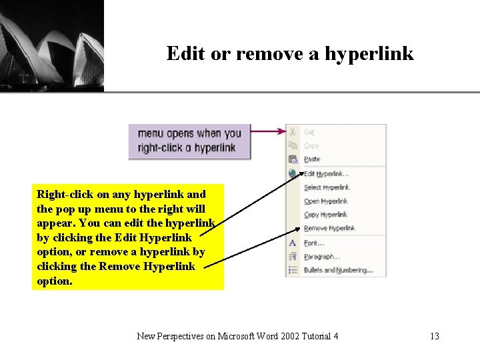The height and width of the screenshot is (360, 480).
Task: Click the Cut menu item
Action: point(309,132)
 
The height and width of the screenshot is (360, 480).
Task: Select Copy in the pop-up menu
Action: point(311,145)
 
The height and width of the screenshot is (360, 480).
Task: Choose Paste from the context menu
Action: point(312,159)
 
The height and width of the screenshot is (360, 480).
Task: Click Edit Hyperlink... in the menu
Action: point(326,173)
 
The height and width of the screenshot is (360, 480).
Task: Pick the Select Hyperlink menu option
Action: point(326,187)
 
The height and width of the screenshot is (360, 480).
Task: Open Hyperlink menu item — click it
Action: point(325,201)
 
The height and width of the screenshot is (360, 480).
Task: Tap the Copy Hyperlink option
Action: point(325,215)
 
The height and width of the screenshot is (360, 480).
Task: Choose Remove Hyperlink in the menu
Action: point(329,228)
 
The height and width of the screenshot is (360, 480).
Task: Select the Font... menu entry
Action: point(313,243)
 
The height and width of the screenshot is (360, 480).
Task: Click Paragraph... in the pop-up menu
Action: point(321,257)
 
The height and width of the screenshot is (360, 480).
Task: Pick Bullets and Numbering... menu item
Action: point(338,270)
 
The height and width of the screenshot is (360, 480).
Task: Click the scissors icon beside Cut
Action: point(293,131)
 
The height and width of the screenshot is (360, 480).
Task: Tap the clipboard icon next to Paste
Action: point(293,159)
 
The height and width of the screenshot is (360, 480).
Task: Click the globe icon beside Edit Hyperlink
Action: point(293,173)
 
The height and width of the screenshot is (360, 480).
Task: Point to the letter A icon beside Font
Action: point(293,243)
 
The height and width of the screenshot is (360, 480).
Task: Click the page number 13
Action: point(435,336)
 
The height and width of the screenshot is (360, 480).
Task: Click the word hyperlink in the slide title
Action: point(369,53)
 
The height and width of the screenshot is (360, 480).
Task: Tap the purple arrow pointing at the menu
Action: point(267,132)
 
